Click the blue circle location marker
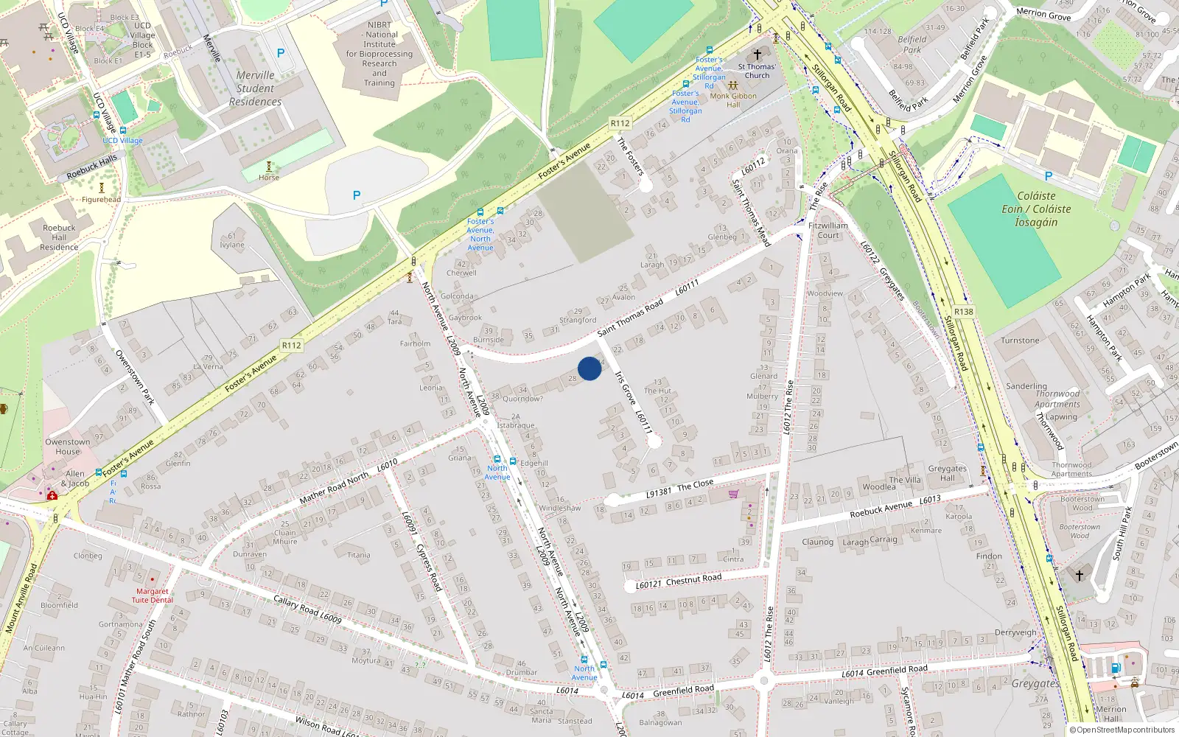point(589,368)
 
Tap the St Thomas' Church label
point(757,71)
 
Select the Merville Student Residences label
point(255,88)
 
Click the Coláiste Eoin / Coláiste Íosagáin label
point(1036,209)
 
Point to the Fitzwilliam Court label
point(828,231)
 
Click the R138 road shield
point(964,312)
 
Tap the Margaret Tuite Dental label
point(153,595)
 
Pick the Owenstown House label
point(67,447)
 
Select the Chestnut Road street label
point(693,579)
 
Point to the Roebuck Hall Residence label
point(59,237)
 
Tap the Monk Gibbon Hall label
point(733,100)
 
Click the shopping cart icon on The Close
point(733,494)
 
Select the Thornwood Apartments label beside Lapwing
point(1057,399)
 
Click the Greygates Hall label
point(947,473)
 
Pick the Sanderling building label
point(1026,386)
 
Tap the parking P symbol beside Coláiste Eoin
point(1049,176)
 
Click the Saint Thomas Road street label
point(630,318)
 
